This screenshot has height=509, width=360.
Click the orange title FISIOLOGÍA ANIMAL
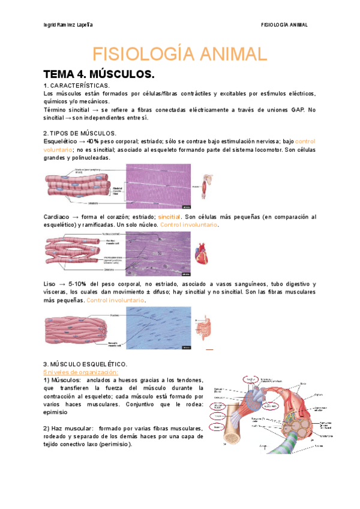(179, 55)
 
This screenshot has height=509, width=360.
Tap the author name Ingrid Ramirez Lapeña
(69, 25)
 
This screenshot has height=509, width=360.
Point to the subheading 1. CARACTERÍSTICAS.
(76, 86)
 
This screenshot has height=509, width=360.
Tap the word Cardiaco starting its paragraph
(57, 217)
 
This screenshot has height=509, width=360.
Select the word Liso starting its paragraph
(50, 283)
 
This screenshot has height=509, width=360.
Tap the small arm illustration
(208, 186)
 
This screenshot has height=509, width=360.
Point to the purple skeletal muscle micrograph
(158, 186)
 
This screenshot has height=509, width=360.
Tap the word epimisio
(57, 413)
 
